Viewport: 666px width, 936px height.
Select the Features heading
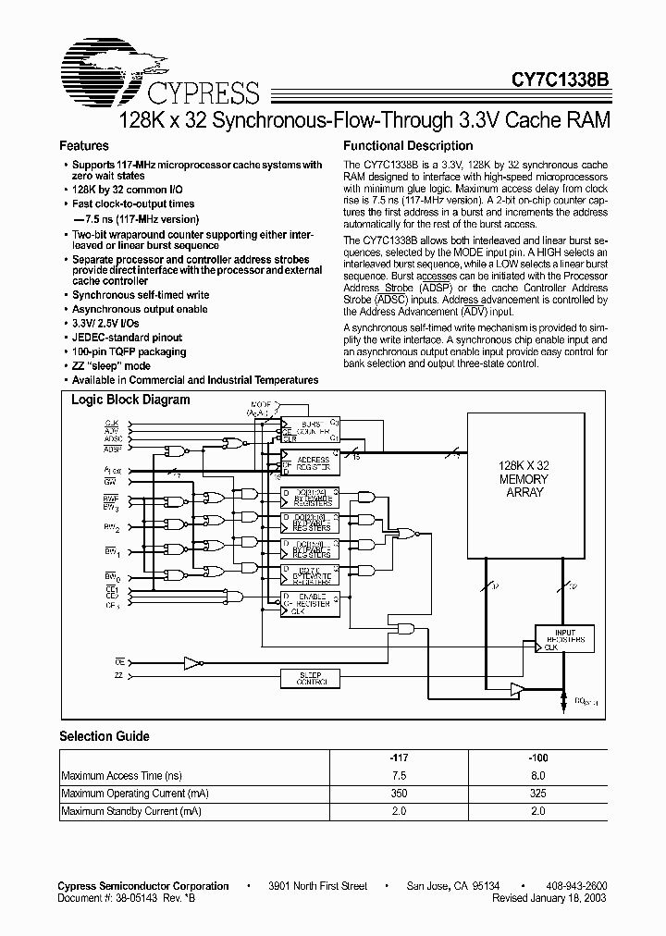tap(83, 146)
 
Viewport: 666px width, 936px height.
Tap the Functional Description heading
tap(408, 146)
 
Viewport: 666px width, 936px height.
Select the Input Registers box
tap(564, 638)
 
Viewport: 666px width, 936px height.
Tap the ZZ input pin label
tap(117, 677)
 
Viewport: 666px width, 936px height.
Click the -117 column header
tap(400, 757)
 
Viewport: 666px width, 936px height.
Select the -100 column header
tap(537, 757)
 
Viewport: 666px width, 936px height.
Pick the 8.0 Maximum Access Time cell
tap(537, 775)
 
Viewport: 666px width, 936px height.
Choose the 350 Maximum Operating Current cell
tap(400, 794)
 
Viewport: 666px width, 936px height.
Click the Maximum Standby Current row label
tap(130, 811)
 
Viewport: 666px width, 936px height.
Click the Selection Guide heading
tap(105, 736)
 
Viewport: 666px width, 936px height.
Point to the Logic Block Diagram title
tap(130, 400)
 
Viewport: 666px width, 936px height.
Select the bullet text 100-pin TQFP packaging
tap(129, 351)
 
